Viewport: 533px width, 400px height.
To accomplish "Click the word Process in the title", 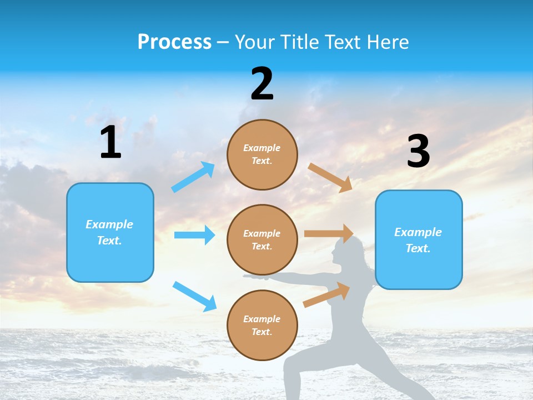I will tap(174, 42).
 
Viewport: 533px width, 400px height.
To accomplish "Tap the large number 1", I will tap(110, 143).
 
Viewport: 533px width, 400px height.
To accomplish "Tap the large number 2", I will tap(262, 83).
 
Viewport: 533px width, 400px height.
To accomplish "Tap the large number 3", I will tap(418, 151).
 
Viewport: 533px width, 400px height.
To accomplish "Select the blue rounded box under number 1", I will tap(110, 232).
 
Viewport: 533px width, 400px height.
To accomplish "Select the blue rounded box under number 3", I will tap(419, 240).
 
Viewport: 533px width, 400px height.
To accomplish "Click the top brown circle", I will tap(262, 154).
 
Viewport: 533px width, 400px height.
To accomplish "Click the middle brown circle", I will tap(262, 239).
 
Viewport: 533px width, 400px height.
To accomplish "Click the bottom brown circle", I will tap(262, 325).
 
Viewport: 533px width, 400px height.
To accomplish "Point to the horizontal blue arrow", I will tap(194, 235).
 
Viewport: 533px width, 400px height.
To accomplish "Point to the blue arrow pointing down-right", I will tap(194, 296).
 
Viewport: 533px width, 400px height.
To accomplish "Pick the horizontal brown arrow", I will tap(329, 233).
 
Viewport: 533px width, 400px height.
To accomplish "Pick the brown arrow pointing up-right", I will tap(326, 295).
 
